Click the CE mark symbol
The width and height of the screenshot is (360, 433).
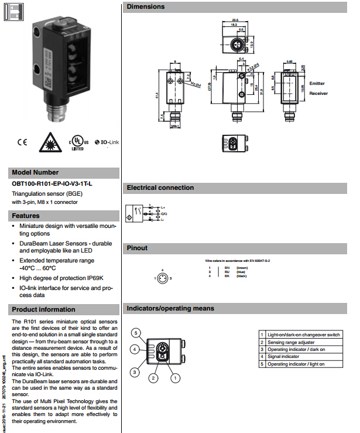point(22,142)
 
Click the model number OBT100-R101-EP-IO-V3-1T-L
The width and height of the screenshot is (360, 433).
point(52,184)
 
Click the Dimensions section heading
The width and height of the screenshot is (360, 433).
point(146,7)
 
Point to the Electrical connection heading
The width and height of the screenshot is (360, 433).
point(160,187)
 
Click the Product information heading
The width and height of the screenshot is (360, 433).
point(44,309)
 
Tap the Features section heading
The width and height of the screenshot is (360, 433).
point(26,216)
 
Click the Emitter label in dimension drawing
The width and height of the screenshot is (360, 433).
point(317,84)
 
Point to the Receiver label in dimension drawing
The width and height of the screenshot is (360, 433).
point(318,93)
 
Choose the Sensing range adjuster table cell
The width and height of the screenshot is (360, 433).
point(291,342)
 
